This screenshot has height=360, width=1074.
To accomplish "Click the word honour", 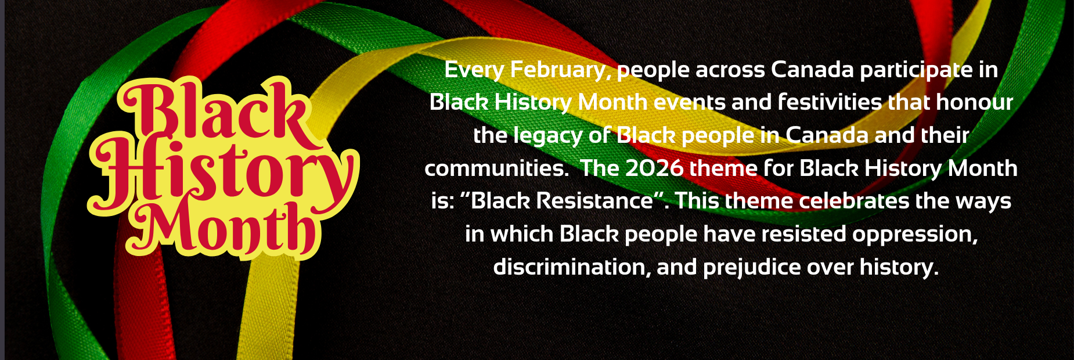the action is coord(975,103).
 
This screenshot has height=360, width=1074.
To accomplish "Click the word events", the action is coord(690,103).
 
